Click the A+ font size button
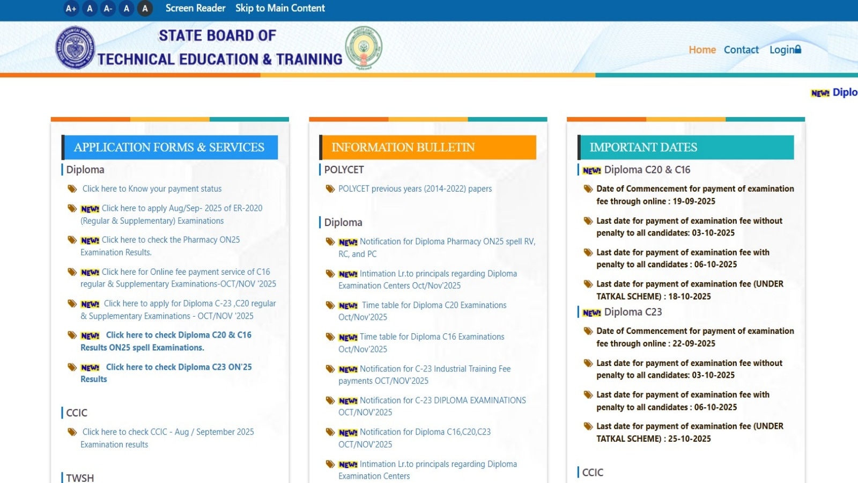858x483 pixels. pos(71,9)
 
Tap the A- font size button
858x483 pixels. pos(108,9)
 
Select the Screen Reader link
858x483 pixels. pos(195,8)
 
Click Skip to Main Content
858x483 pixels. pos(280,8)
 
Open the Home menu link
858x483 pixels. pos(702,50)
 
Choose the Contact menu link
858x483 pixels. pos(741,50)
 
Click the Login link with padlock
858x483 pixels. pos(785,49)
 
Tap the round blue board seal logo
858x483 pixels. pos(75,48)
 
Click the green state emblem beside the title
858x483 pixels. pos(364,48)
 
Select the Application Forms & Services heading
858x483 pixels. pos(169,147)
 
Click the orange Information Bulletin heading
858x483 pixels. pos(427,147)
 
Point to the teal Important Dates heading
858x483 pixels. pos(686,147)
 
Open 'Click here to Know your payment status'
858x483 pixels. pos(152,188)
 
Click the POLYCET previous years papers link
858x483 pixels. pos(415,188)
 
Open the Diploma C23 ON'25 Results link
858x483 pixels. pos(166,373)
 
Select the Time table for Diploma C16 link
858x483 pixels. pos(421,343)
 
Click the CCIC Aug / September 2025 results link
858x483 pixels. pos(167,438)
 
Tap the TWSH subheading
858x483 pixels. pos(80,478)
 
